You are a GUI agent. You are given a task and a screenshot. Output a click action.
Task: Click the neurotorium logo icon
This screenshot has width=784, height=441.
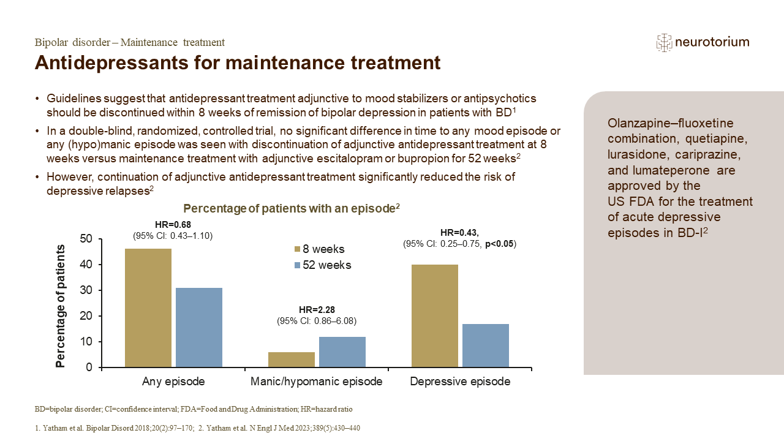click(x=664, y=42)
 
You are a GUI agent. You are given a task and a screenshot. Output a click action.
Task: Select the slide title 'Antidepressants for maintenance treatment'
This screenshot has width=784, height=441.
click(x=238, y=63)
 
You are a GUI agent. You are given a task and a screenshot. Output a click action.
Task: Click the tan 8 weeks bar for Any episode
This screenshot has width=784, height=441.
click(x=148, y=308)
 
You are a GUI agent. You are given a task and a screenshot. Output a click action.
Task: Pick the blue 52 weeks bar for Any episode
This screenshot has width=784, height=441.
click(x=199, y=328)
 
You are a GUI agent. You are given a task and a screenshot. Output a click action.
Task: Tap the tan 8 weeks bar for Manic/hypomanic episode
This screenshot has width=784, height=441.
click(x=292, y=360)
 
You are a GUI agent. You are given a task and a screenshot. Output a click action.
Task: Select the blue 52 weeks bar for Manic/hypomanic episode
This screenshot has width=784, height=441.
click(x=342, y=352)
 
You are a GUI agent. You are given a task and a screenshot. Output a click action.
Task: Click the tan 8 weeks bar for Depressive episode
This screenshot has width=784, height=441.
click(x=435, y=316)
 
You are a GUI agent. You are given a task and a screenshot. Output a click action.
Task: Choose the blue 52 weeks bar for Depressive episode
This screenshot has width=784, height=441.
click(x=486, y=345)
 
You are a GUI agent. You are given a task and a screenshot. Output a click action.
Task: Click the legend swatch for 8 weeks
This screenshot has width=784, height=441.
click(x=298, y=249)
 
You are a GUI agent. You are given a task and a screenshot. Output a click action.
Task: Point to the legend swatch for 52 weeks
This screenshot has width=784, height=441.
click(x=298, y=265)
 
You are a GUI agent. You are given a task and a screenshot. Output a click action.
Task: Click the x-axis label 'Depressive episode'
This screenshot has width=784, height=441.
click(x=460, y=382)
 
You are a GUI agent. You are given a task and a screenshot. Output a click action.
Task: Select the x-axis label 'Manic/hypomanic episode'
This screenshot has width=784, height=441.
click(x=317, y=382)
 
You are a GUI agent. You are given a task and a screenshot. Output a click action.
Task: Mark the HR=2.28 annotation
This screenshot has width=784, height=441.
click(x=317, y=311)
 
